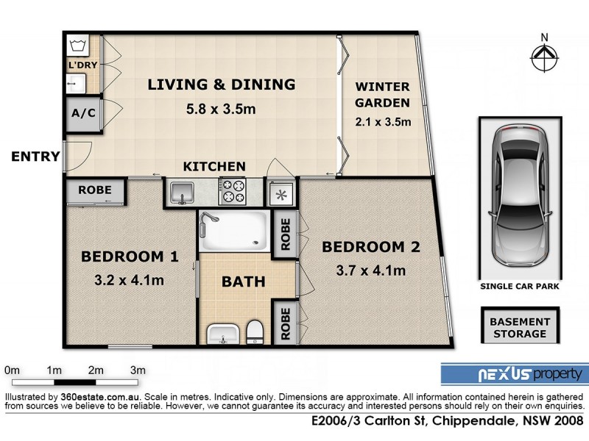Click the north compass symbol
(x=544, y=55)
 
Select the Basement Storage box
(x=521, y=328)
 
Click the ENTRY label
(x=35, y=156)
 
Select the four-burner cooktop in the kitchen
(x=233, y=192)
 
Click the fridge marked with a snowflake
(x=280, y=194)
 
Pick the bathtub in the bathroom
(x=233, y=229)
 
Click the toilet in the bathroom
(x=254, y=331)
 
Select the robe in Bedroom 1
(x=95, y=190)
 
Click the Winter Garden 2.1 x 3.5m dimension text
(x=382, y=122)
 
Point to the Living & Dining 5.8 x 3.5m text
(x=221, y=110)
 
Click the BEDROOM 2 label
(x=371, y=247)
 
